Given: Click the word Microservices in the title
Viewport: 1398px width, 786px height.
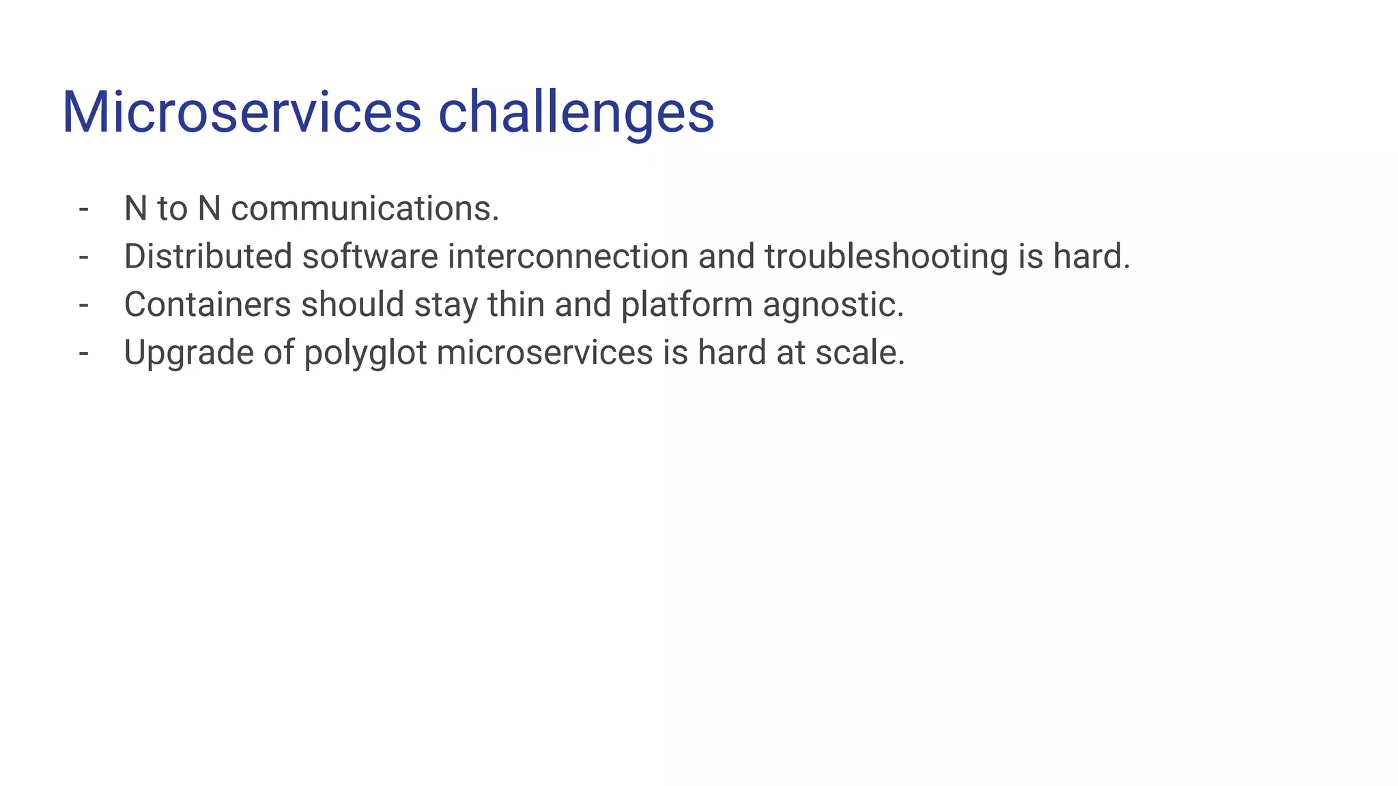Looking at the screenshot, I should click(x=242, y=112).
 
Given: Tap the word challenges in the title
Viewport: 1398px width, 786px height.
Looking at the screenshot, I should click(x=576, y=113).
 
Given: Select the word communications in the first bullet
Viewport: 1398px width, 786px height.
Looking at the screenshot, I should click(x=365, y=209).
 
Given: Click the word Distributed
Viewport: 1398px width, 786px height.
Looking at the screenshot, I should click(x=208, y=257).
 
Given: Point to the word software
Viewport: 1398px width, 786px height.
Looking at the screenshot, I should click(x=370, y=257).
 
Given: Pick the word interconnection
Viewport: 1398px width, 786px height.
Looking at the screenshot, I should click(x=568, y=257).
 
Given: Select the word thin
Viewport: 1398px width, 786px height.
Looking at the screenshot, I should click(x=516, y=304).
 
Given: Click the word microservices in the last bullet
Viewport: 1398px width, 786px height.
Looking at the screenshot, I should click(x=544, y=353).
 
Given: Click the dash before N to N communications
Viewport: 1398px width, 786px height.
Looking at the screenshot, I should click(x=84, y=209).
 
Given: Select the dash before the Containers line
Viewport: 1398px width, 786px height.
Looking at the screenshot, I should click(x=84, y=305).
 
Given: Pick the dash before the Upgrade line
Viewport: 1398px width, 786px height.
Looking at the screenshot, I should click(x=84, y=353).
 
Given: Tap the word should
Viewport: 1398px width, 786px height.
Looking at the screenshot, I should click(x=353, y=304).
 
